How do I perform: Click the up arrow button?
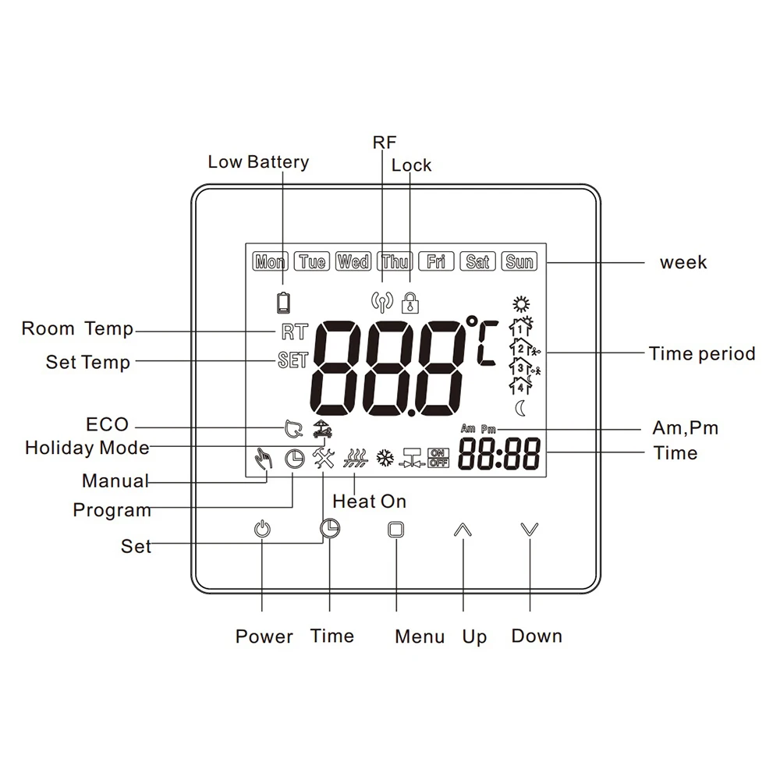click(463, 530)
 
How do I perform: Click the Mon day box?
click(270, 261)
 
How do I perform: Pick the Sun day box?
click(519, 261)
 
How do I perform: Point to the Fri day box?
click(436, 261)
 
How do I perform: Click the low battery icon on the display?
click(283, 301)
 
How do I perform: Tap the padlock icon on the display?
click(409, 301)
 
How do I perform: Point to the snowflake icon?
click(384, 459)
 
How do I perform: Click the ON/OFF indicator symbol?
click(438, 459)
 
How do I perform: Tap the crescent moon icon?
click(519, 408)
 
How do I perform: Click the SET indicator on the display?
click(292, 361)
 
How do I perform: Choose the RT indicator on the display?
click(294, 331)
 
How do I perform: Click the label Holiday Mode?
click(87, 448)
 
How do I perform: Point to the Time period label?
click(702, 354)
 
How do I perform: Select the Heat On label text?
click(369, 502)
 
